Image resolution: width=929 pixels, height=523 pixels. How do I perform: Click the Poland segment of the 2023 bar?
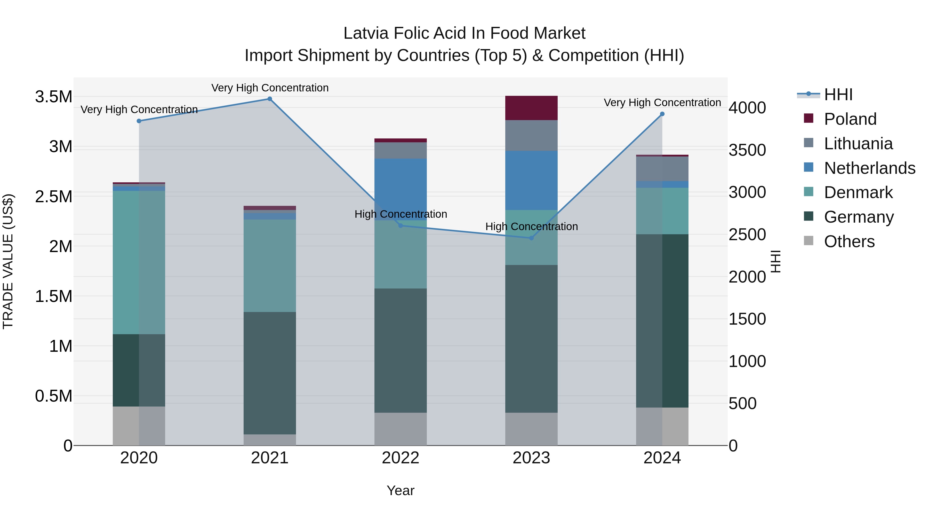click(x=531, y=108)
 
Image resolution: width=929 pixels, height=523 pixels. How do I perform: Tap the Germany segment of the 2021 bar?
click(x=270, y=373)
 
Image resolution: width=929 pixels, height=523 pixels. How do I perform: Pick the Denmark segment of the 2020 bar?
click(x=139, y=262)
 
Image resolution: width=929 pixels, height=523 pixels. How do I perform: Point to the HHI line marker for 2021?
click(x=270, y=99)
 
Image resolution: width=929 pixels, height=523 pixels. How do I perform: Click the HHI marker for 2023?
click(x=531, y=238)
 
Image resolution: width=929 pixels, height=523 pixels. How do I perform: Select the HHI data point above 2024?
click(x=662, y=114)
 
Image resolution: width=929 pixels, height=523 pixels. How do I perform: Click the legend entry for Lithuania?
click(x=858, y=144)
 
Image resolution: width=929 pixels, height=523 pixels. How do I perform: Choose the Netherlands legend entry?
click(x=869, y=168)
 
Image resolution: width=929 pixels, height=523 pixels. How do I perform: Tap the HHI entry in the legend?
click(x=838, y=95)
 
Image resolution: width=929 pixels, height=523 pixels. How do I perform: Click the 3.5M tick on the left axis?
click(x=53, y=97)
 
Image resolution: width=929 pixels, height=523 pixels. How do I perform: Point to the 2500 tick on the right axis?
click(x=747, y=235)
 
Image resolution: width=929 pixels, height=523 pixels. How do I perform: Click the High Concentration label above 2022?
click(x=401, y=214)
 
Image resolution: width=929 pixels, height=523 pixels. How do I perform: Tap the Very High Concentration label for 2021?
click(x=270, y=88)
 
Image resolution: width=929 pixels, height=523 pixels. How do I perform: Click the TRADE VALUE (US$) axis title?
click(x=8, y=261)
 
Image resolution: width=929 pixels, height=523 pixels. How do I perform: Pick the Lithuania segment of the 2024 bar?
click(x=662, y=169)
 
